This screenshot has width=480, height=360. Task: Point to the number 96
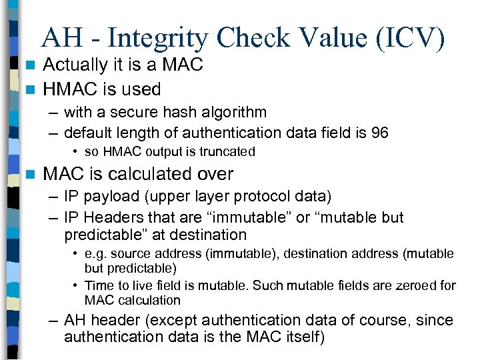[380, 133]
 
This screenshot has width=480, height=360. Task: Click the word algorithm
[227, 113]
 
